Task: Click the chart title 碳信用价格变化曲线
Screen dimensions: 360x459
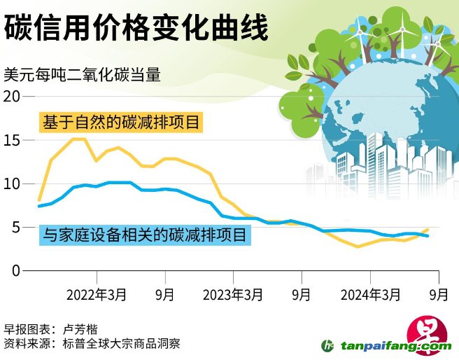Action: (x=137, y=29)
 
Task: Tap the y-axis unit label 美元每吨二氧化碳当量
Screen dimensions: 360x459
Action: (x=82, y=74)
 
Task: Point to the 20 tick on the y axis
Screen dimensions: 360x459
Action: (x=12, y=97)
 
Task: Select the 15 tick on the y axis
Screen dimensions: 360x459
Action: (x=12, y=140)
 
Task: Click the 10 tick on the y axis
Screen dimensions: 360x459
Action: (x=12, y=184)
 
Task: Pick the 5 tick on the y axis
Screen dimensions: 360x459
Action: (x=16, y=228)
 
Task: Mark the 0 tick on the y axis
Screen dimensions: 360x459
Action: (x=16, y=271)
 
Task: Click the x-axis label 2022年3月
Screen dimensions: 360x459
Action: (x=97, y=295)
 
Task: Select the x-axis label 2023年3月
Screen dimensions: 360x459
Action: (x=233, y=295)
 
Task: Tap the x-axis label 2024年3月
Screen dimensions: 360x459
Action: (x=369, y=295)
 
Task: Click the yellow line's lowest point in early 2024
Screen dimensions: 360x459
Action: (x=358, y=247)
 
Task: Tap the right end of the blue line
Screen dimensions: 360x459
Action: (x=428, y=236)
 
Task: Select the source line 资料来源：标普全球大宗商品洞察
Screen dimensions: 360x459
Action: (x=92, y=344)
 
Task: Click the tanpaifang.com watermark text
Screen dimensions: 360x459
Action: (x=395, y=346)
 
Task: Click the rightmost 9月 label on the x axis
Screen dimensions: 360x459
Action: (x=438, y=295)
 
